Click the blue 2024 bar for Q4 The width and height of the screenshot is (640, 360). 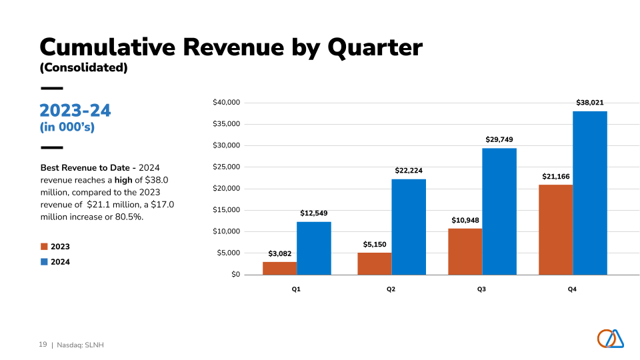(590, 193)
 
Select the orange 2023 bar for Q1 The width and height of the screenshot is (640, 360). (279, 268)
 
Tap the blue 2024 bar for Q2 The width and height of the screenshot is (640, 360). (409, 227)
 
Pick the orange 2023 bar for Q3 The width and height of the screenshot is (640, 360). (465, 251)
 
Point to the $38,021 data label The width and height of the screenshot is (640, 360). (590, 103)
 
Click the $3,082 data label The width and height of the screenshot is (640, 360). (280, 254)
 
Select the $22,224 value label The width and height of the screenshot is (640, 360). (409, 171)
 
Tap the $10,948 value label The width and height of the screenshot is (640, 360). (465, 220)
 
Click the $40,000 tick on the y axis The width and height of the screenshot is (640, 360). (226, 103)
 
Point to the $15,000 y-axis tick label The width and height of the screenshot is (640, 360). (226, 210)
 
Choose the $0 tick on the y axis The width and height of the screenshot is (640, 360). (235, 275)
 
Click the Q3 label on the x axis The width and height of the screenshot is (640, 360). (481, 289)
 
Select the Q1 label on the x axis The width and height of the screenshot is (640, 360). (296, 289)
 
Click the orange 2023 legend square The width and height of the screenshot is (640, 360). (44, 247)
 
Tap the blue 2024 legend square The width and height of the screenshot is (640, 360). (44, 262)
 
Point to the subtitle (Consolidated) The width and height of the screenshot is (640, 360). (83, 67)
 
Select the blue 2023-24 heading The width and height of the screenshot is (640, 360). (75, 111)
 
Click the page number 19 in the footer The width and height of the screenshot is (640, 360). (43, 345)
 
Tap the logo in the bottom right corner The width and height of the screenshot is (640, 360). (610, 339)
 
